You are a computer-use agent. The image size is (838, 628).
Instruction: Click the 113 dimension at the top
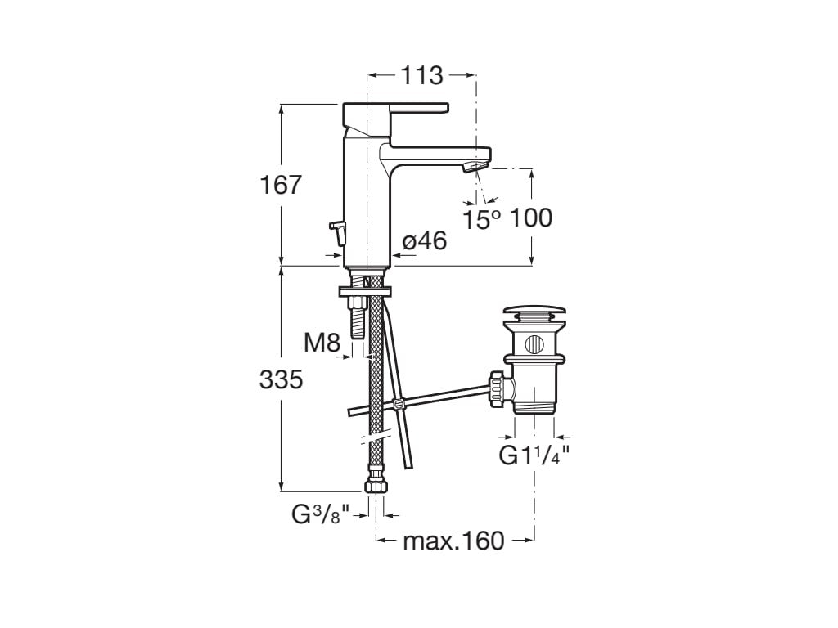[421, 76]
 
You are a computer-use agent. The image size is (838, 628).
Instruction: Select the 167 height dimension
[282, 185]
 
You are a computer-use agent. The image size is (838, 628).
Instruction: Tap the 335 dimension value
[282, 379]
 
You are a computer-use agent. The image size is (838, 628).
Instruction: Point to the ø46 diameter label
[425, 241]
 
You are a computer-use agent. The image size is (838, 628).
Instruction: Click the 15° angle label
[482, 219]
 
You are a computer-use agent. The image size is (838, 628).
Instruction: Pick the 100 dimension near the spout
[530, 218]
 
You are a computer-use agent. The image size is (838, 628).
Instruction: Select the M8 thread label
[322, 343]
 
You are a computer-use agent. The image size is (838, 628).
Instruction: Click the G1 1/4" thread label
[534, 455]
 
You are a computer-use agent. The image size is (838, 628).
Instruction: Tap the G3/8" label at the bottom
[321, 515]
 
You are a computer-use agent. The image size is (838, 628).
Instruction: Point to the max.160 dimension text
[454, 541]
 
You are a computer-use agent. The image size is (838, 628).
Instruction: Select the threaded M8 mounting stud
[357, 319]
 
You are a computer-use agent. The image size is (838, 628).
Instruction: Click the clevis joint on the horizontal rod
[399, 404]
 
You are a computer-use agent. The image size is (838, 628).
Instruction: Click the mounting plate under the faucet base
[364, 290]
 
